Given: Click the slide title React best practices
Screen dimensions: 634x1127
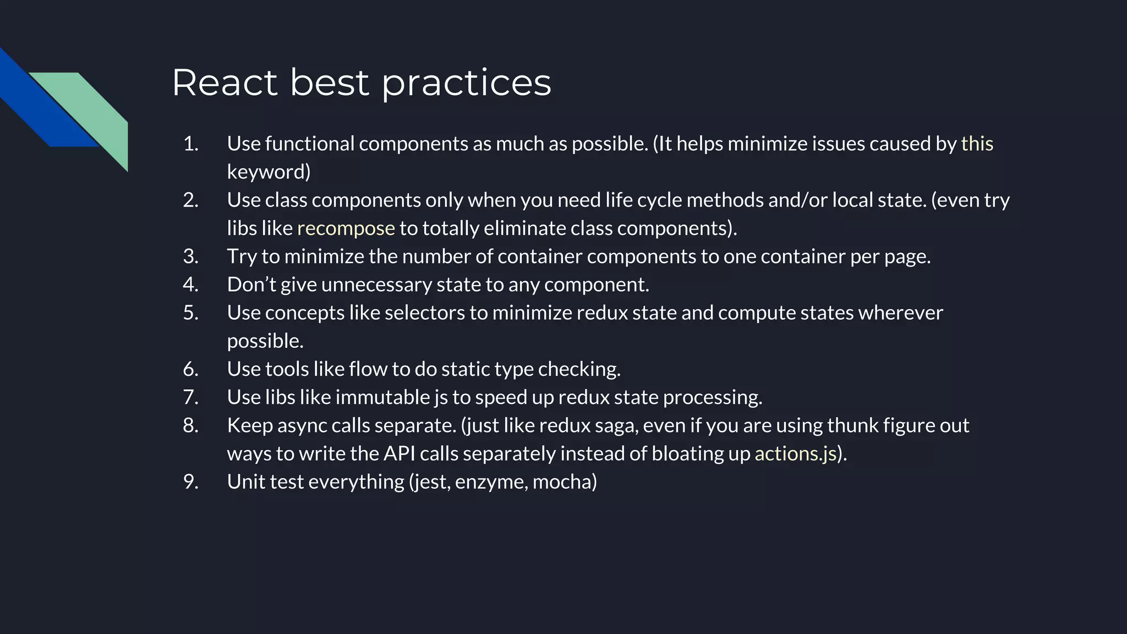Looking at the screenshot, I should pos(361,83).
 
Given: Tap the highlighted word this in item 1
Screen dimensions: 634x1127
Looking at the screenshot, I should pos(977,144).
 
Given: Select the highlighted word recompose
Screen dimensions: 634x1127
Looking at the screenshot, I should pos(346,228).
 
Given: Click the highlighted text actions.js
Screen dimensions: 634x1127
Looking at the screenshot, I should pos(795,453).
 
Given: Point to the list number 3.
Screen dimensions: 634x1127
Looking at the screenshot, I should pos(190,256).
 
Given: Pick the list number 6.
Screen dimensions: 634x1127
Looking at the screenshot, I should pos(190,369).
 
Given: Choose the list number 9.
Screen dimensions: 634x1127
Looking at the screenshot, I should pos(190,482).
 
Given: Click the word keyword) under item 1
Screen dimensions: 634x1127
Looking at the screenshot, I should pos(269,172).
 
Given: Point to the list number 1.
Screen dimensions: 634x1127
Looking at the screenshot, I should pos(190,144).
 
